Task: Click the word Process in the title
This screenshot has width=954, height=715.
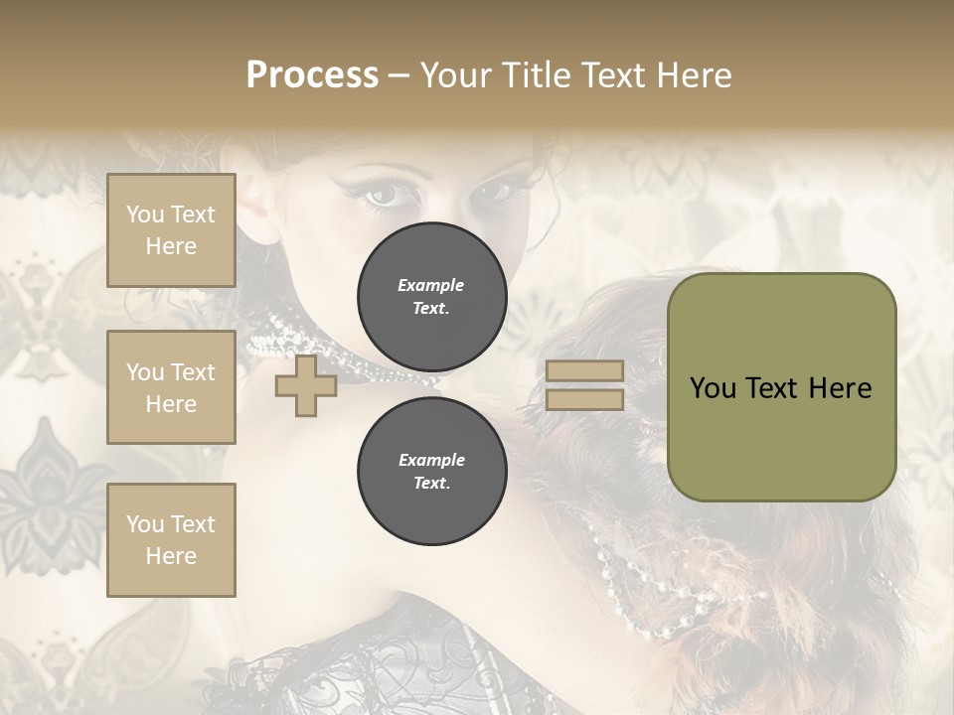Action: pos(312,75)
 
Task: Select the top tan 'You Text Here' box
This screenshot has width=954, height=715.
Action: pos(171,230)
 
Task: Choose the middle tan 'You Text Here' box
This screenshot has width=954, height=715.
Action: pos(171,387)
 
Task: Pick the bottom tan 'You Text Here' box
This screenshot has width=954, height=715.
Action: pos(171,539)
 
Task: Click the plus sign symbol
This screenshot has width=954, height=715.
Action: pos(306,386)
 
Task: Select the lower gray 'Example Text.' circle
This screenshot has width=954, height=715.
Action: pos(431,472)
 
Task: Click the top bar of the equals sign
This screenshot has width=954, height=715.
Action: pos(584,371)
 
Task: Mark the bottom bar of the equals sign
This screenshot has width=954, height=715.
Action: pos(584,399)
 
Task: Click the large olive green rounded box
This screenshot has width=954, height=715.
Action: pos(781,386)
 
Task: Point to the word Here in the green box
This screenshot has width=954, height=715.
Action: pos(841,388)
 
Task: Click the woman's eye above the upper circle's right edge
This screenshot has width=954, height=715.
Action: pos(494,189)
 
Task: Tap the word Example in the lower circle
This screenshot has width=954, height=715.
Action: pos(431,460)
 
